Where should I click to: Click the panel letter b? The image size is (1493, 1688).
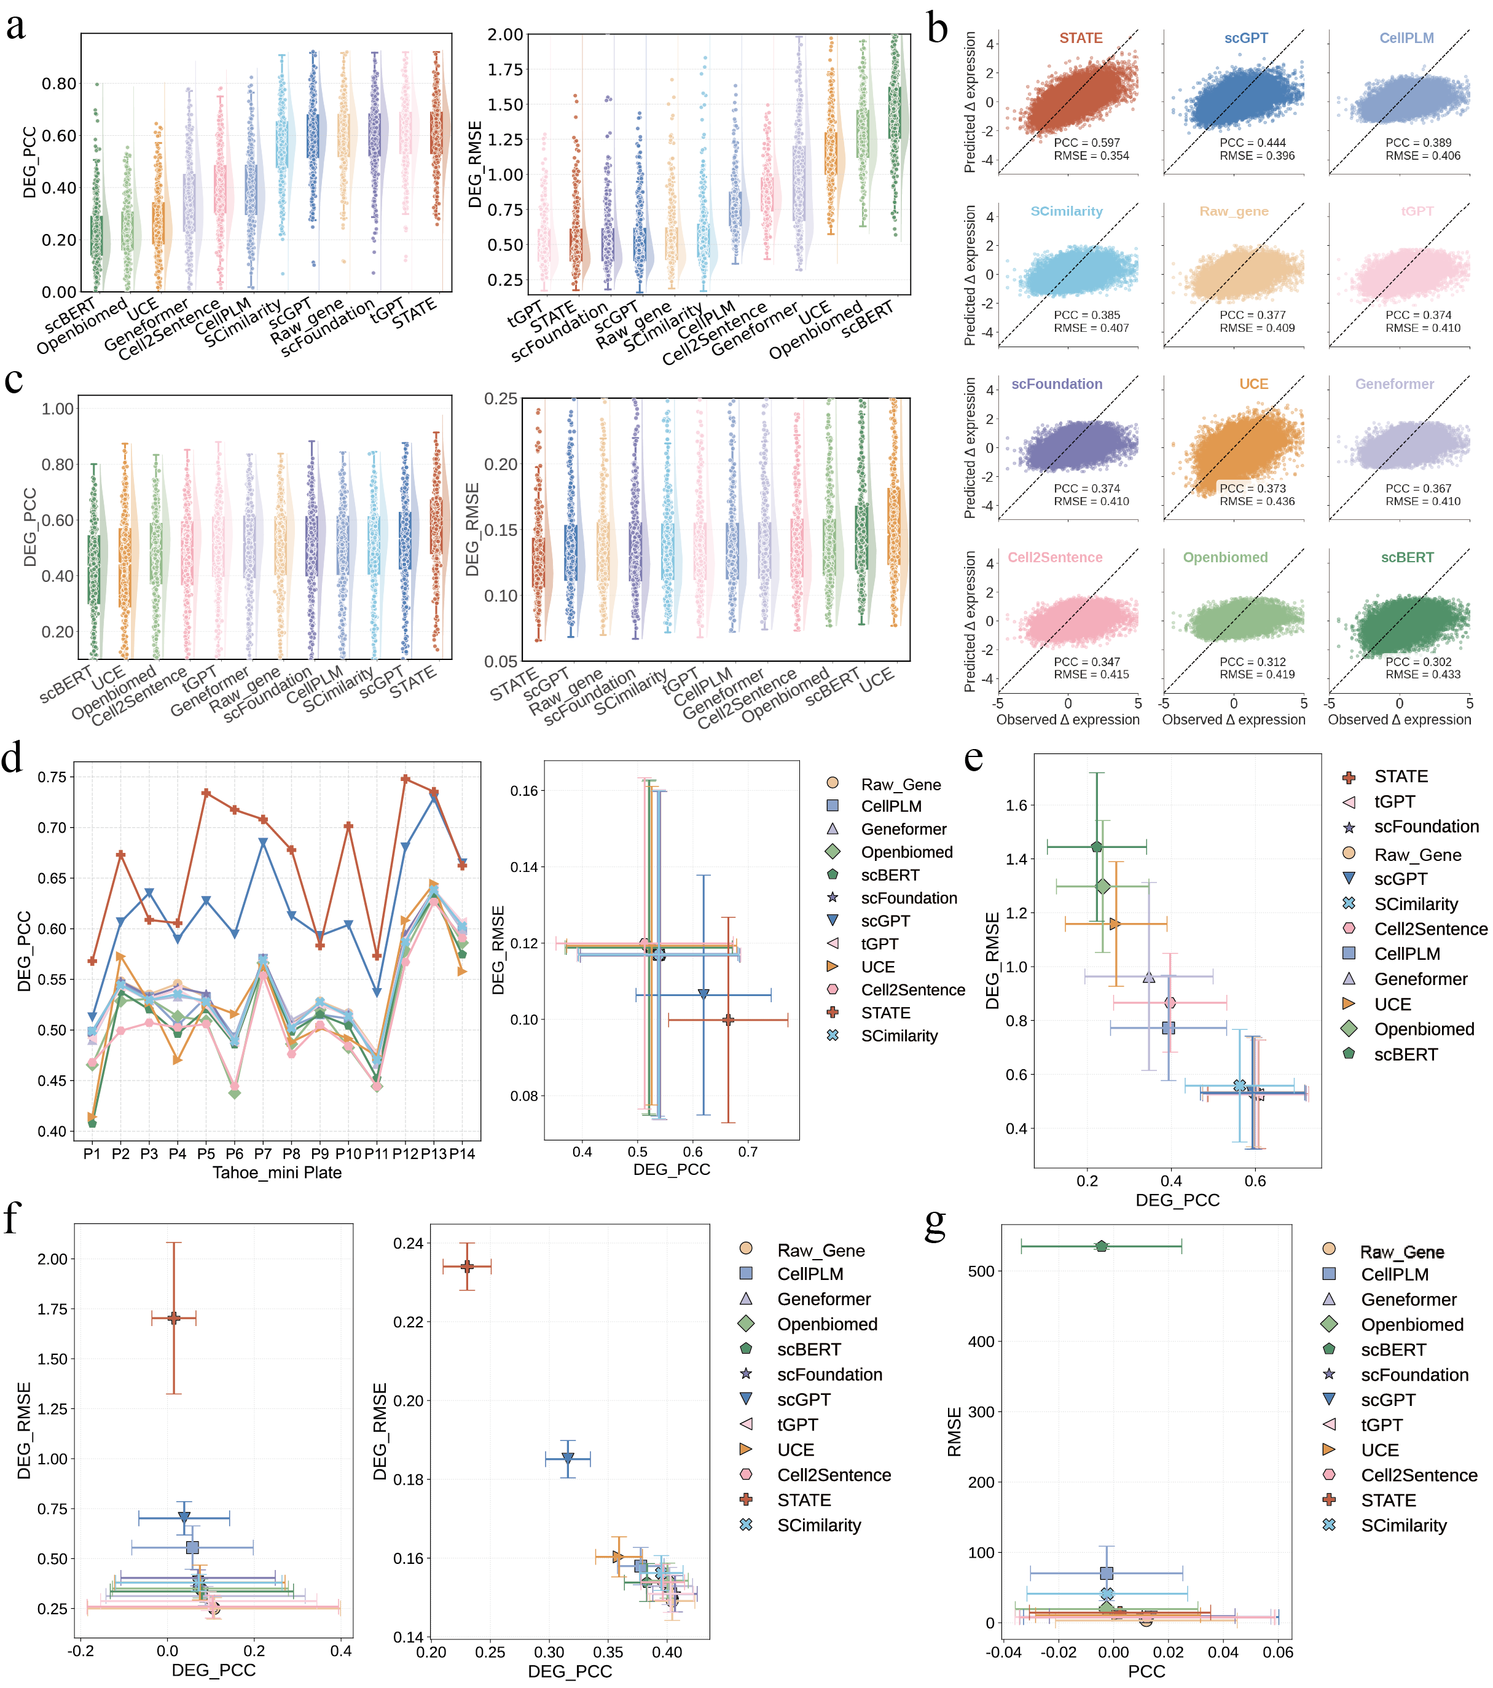pos(936,29)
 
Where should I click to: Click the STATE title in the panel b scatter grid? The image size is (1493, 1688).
pos(1080,38)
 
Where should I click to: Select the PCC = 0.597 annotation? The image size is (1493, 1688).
pos(1087,143)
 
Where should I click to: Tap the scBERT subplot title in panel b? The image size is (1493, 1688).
pos(1406,557)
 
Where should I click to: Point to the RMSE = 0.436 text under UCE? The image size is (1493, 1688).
pos(1257,501)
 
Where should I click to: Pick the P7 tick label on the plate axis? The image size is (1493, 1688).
pos(262,1153)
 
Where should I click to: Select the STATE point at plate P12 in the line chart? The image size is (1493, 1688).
pos(406,779)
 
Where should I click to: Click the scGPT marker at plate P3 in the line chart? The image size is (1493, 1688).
pos(149,893)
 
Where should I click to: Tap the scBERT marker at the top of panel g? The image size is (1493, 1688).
pos(1102,1246)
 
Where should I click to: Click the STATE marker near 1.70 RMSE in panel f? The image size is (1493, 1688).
pos(173,1318)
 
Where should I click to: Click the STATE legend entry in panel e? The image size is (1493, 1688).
pos(1400,776)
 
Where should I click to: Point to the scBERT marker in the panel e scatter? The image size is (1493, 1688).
pos(1097,847)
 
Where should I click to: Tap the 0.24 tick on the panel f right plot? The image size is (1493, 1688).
pos(408,1244)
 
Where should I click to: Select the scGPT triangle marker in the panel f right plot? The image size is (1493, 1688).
pos(567,1459)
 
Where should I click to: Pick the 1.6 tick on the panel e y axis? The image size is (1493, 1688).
pos(1016,805)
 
